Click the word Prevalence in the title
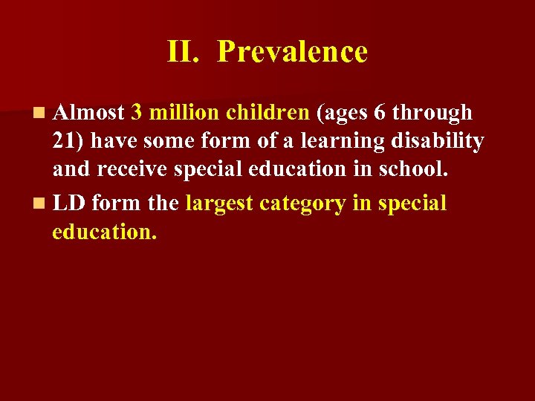pyautogui.click(x=293, y=52)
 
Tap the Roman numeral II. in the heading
pyautogui.click(x=183, y=52)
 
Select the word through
pyautogui.click(x=432, y=113)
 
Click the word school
pyautogui.click(x=415, y=169)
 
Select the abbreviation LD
pyautogui.click(x=68, y=203)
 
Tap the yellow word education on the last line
pyautogui.click(x=105, y=231)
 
